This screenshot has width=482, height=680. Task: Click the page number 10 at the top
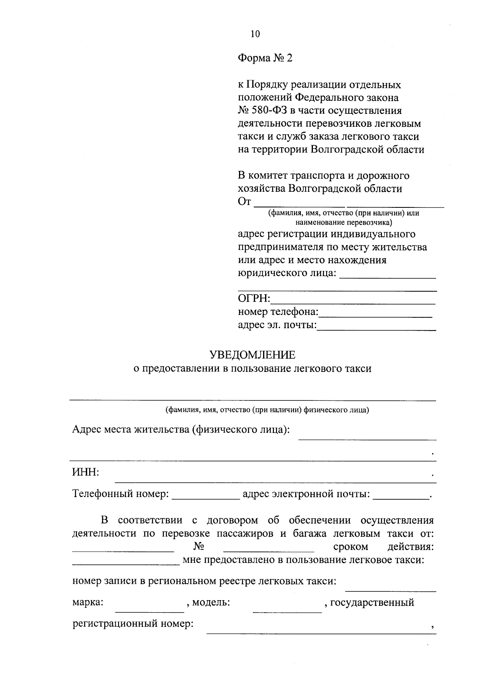tap(255, 34)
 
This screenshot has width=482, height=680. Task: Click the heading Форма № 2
tap(265, 59)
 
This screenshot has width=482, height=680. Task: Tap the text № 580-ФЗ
tap(261, 110)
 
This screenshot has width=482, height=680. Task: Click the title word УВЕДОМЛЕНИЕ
tap(252, 355)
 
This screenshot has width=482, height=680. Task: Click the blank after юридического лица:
tap(388, 275)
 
